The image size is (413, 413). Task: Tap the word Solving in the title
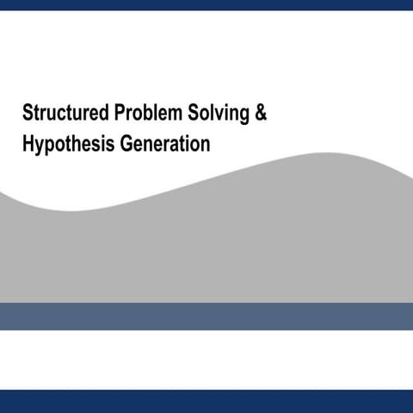point(214,114)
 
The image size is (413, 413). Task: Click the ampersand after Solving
point(260,114)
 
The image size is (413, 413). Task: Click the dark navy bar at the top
point(206,4)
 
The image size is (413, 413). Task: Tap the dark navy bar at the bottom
point(206,401)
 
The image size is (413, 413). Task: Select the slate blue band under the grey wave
point(206,316)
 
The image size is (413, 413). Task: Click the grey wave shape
point(206,250)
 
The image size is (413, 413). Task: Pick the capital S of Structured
point(28,114)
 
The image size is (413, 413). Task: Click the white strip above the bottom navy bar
point(206,360)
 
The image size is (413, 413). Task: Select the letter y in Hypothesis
point(40,146)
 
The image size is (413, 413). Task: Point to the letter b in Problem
point(147,114)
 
